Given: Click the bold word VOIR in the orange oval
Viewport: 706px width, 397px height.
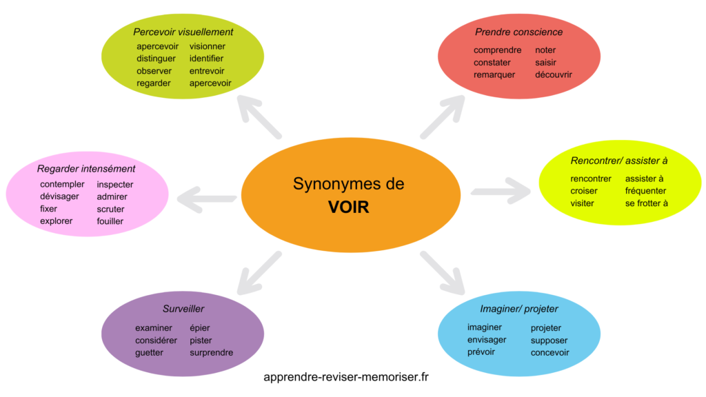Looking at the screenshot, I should pyautogui.click(x=348, y=207).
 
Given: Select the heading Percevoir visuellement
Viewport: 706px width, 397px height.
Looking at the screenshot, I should pyautogui.click(x=183, y=32).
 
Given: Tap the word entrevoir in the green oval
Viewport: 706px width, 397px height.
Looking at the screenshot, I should pyautogui.click(x=207, y=71).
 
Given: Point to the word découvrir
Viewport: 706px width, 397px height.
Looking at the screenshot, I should pyautogui.click(x=554, y=74).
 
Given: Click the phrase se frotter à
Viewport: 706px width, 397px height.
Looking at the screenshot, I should pyautogui.click(x=646, y=203).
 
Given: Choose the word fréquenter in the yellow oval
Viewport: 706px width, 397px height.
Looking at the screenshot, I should pyautogui.click(x=645, y=191).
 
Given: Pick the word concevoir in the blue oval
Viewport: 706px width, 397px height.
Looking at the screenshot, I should pyautogui.click(x=549, y=353).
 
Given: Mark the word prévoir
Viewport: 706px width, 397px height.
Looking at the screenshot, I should pyautogui.click(x=481, y=352).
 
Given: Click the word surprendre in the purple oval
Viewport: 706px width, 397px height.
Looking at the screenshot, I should pyautogui.click(x=211, y=353).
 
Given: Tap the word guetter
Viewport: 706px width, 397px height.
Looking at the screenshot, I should pyautogui.click(x=149, y=353).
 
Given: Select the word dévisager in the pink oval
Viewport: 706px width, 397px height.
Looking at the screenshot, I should pyautogui.click(x=59, y=196).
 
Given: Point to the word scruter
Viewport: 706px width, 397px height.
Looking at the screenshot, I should pyautogui.click(x=110, y=209).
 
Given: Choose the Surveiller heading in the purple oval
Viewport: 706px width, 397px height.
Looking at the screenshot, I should pyautogui.click(x=183, y=309).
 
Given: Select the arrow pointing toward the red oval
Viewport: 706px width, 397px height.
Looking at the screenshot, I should pyautogui.click(x=443, y=116).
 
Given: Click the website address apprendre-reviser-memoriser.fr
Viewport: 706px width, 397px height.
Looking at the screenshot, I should pyautogui.click(x=347, y=377).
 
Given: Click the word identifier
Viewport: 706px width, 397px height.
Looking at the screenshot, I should pyautogui.click(x=206, y=59).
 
